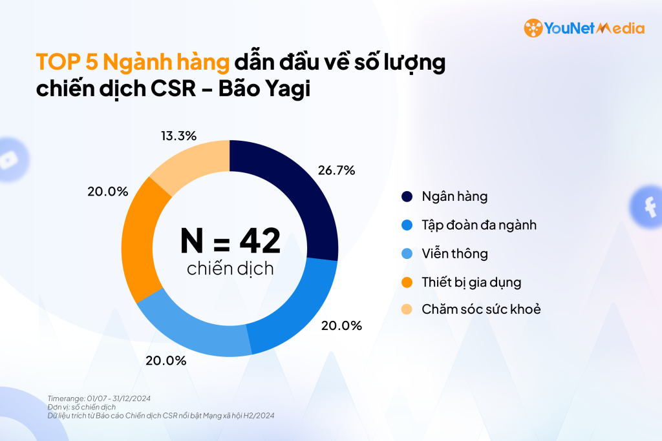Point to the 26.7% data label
coord(336,170)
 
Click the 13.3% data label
coord(178,136)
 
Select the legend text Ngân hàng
coord(454,196)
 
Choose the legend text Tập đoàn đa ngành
coord(479,225)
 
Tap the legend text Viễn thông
coord(454,253)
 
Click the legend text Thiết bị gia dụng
coord(471,282)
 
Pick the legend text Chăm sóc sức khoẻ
coord(481,309)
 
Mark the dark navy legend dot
coord(407,196)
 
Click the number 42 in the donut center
coord(260,241)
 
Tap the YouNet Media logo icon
coord(533,28)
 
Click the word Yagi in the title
coord(285,89)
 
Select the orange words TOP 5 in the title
coord(67,62)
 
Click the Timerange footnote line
coord(99,398)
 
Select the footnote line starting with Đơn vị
coord(81,407)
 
